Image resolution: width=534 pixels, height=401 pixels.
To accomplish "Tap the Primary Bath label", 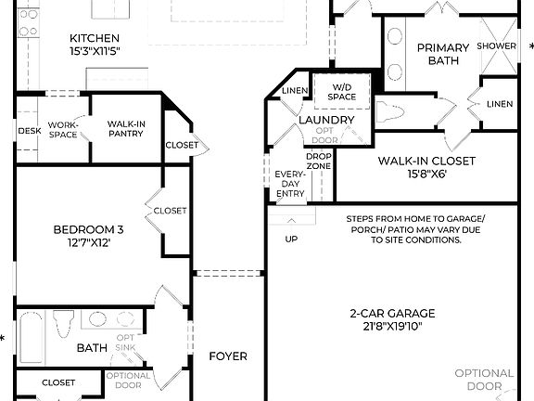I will click(442, 55).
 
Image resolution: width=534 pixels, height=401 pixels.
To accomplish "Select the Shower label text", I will click(497, 45).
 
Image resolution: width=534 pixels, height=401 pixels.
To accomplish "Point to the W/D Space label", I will click(341, 91).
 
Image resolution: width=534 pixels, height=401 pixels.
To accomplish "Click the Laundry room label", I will click(326, 121).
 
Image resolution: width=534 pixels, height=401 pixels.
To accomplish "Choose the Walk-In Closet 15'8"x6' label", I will click(426, 167).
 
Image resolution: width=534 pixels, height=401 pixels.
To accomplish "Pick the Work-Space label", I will click(63, 129).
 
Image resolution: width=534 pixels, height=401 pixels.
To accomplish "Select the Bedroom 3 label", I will click(88, 236).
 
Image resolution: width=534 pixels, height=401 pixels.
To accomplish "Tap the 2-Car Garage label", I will click(392, 320).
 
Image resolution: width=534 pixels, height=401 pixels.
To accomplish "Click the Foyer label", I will click(228, 356).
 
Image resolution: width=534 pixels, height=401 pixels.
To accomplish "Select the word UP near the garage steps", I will click(291, 239).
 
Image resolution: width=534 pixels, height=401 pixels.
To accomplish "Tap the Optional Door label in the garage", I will click(483, 380).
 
